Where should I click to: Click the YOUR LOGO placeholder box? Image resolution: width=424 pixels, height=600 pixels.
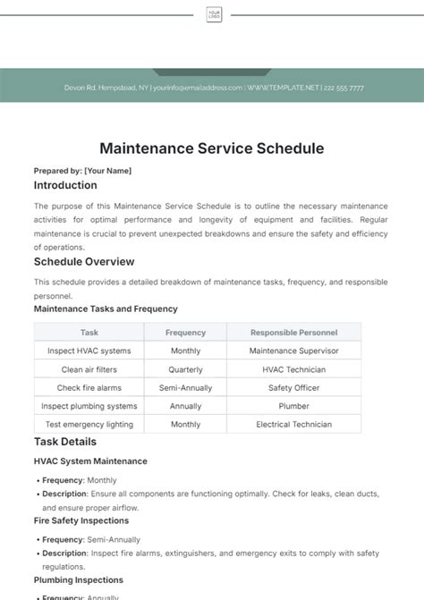tap(214, 14)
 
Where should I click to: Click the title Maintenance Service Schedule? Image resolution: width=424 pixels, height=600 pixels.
tap(212, 148)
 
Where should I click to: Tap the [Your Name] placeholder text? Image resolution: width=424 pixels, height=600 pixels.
tap(107, 170)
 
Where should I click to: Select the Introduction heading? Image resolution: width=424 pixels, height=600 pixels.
tap(65, 186)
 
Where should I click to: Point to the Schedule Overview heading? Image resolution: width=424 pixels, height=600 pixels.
tap(84, 262)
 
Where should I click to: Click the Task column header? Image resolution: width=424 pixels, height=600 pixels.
tap(89, 333)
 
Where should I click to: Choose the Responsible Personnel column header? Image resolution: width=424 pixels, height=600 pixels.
tap(293, 333)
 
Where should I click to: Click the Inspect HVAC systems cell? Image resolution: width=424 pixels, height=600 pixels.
tap(89, 351)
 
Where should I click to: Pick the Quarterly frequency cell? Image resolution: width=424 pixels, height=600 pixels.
tap(185, 369)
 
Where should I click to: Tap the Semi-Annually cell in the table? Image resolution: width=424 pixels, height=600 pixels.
tap(185, 388)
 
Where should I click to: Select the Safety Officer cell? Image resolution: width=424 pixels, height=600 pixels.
tap(293, 388)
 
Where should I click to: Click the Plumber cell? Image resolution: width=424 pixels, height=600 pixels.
tap(293, 406)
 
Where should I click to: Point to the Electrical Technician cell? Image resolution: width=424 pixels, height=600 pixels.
tap(293, 425)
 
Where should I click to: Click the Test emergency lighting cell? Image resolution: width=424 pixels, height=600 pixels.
tap(89, 425)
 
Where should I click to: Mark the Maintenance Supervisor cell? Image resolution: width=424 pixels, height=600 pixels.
tap(293, 351)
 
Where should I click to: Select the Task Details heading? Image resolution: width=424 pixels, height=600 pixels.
tap(65, 442)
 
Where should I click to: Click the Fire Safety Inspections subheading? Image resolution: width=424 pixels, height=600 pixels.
tap(81, 520)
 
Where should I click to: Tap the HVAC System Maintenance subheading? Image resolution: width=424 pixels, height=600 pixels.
tap(90, 461)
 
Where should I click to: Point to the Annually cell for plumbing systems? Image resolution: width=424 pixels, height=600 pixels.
tap(185, 406)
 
